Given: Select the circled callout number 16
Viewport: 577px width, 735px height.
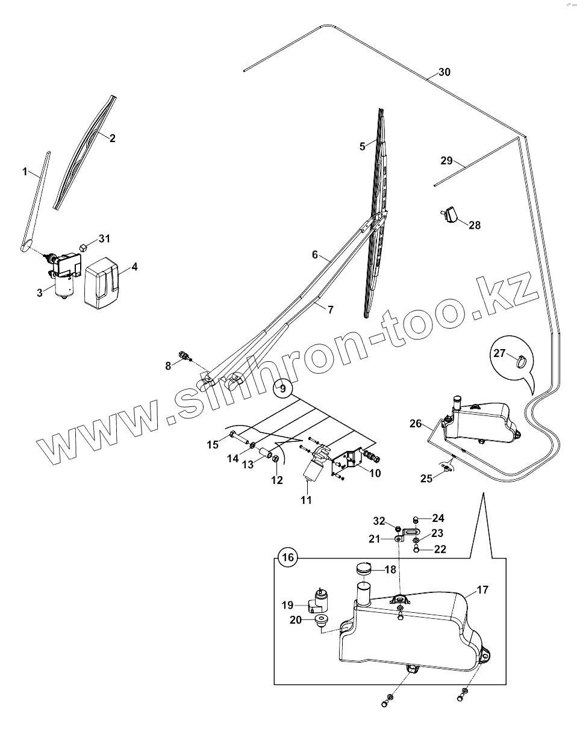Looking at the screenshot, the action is coord(288,557).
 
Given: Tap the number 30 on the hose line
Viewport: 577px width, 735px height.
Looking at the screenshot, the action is coord(444,72).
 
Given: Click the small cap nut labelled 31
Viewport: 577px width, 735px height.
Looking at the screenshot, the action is coord(84,246).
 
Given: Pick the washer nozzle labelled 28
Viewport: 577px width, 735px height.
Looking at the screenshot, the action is coord(449,214).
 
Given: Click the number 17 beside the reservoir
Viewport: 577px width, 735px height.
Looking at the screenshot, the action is coord(482,590).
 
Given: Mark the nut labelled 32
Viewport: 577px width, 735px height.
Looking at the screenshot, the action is coord(398,528).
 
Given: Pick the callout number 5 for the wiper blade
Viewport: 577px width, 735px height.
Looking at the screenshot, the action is coord(362,146).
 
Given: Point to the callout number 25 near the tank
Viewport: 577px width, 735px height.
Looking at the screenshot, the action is coord(426,479).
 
